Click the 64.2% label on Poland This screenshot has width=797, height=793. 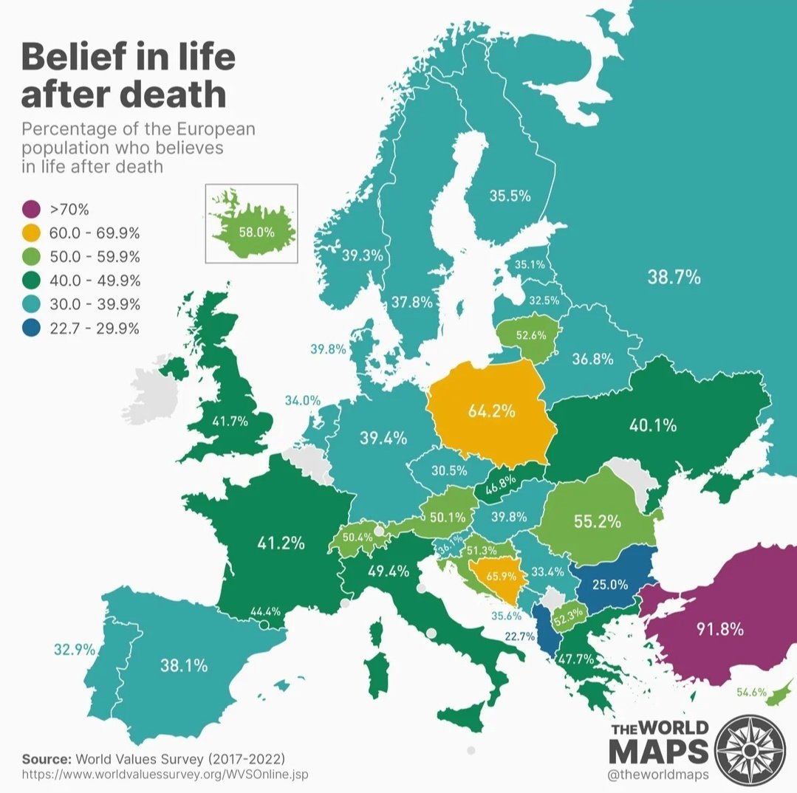tap(491, 411)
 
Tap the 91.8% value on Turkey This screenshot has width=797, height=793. tap(719, 630)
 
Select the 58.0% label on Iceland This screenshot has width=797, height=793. tap(256, 231)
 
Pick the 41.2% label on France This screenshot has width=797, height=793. tap(281, 543)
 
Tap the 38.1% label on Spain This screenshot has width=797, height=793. tap(184, 665)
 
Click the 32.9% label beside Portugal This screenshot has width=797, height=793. tap(75, 650)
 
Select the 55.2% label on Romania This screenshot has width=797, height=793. tap(597, 521)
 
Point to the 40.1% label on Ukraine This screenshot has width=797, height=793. tap(653, 425)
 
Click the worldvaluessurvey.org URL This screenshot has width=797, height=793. tap(165, 775)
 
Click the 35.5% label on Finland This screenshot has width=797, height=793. tap(510, 196)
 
